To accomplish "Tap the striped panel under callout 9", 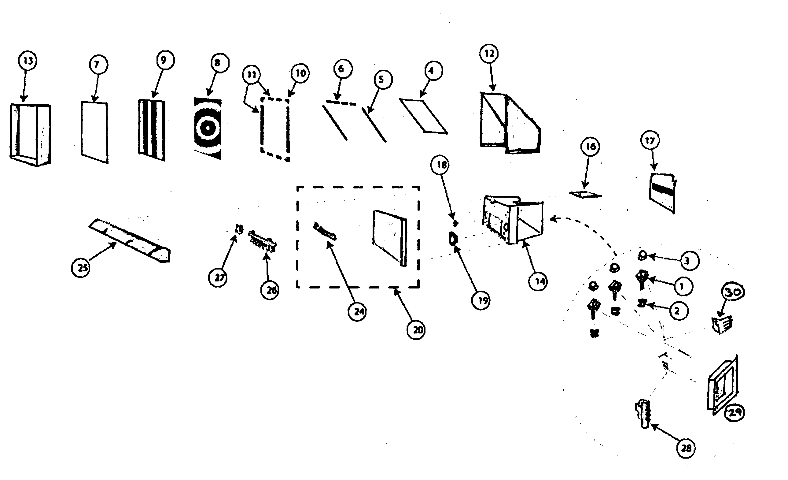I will pos(152,130).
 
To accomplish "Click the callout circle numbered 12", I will pos(489,54).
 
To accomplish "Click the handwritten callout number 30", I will pos(732,292).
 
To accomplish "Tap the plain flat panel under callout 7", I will pos(94,132).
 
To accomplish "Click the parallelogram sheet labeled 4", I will pos(423,116).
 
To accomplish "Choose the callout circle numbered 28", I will pos(686,448).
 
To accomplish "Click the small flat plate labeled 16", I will pos(586,194).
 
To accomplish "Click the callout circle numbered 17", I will pos(650,140).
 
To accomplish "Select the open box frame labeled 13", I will pos(30,134).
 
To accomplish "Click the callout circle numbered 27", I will pos(219,277).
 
